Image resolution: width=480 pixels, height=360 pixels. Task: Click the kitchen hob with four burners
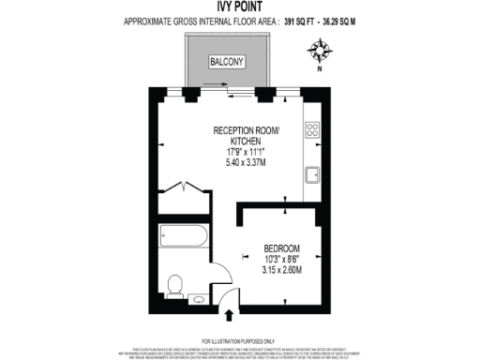313,130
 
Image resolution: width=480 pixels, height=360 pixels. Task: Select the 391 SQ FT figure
304,19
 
